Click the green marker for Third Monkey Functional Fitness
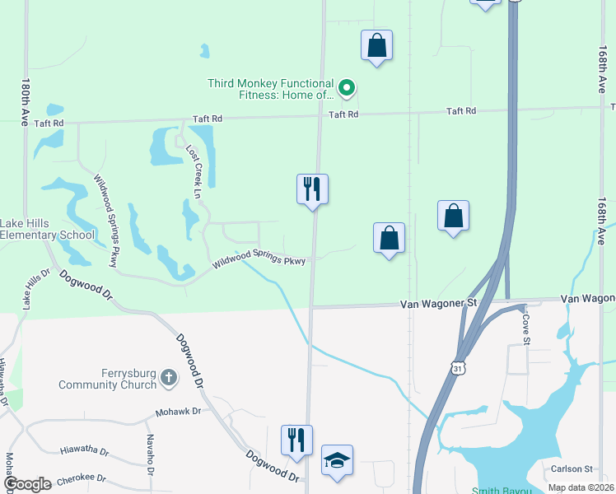tap(347, 86)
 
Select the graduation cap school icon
tap(337, 460)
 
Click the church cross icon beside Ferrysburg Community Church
tap(168, 379)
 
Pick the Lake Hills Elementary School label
tap(47, 229)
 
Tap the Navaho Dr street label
tap(151, 454)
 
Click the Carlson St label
tap(572, 468)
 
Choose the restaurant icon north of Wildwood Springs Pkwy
tap(312, 189)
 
